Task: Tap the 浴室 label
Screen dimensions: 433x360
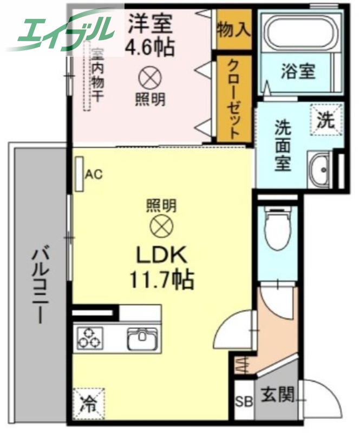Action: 298,71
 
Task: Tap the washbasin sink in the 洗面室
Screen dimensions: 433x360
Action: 320,169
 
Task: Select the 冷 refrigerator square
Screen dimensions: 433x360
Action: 88,404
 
